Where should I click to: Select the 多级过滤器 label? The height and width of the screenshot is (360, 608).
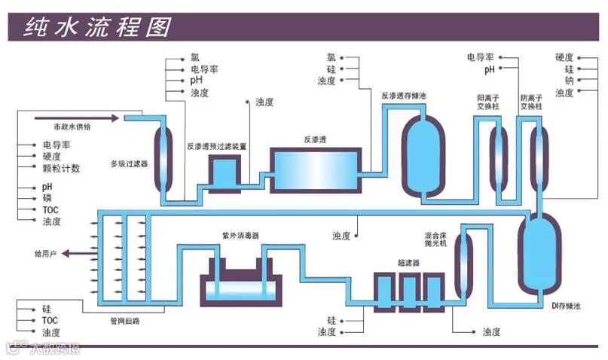pyautogui.click(x=129, y=163)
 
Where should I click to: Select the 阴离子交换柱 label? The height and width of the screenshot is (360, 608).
pyautogui.click(x=532, y=102)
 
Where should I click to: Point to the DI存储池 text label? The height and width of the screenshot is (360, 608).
pyautogui.click(x=566, y=306)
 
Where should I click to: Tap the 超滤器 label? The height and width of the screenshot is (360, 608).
pyautogui.click(x=408, y=263)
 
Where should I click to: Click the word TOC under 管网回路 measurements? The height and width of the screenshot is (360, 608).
pyautogui.click(x=50, y=320)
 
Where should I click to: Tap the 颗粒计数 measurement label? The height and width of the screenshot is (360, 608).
pyautogui.click(x=60, y=168)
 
